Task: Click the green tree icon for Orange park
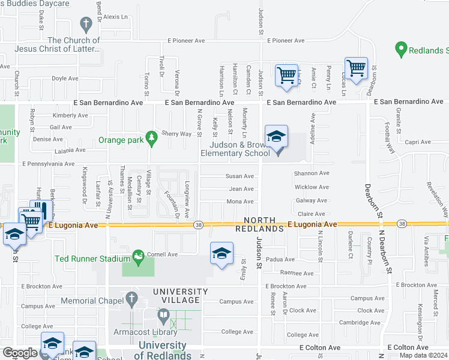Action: click(151, 138)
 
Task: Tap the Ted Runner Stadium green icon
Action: click(139, 257)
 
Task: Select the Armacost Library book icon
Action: click(163, 315)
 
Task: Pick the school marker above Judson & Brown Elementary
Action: click(276, 137)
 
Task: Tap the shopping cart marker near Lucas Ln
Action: click(356, 69)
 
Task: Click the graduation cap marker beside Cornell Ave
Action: click(221, 254)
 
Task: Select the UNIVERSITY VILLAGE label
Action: click(180, 292)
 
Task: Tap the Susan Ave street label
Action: click(239, 176)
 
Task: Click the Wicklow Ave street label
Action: click(312, 187)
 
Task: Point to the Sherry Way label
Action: click(177, 134)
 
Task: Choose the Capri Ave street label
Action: click(418, 142)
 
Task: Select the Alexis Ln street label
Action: click(116, 17)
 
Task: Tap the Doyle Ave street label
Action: click(65, 78)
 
